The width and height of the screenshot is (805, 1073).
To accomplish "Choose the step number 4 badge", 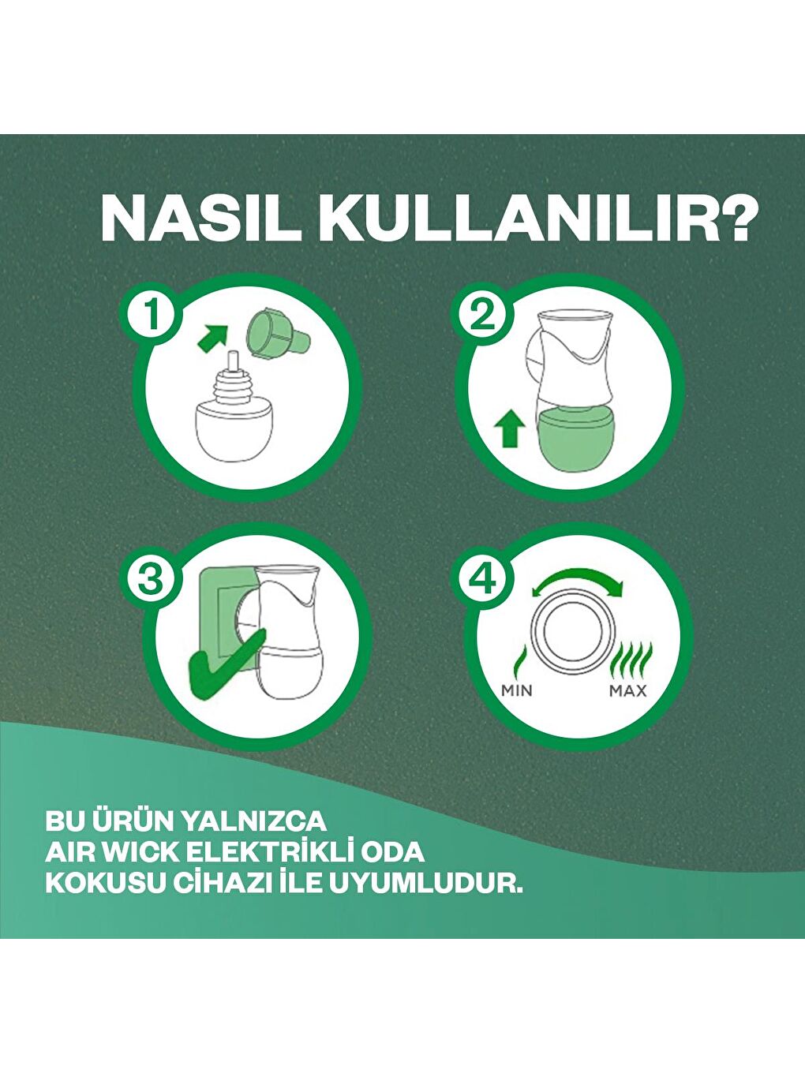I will (x=482, y=580).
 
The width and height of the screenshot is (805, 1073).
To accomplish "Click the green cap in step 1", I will (x=276, y=331).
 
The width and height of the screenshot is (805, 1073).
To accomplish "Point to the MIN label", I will (x=517, y=691).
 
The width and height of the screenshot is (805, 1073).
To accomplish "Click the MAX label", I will (x=628, y=691).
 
